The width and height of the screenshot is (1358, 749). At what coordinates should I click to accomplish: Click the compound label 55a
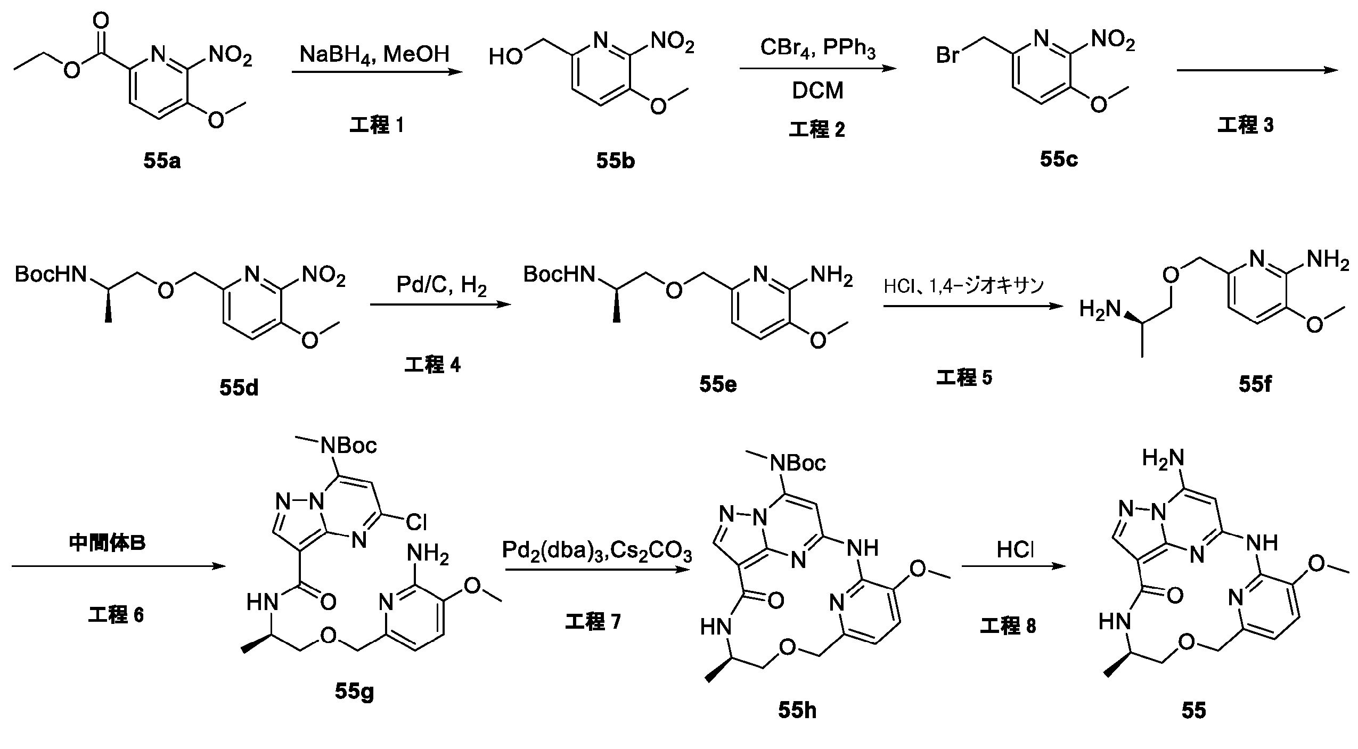click(162, 161)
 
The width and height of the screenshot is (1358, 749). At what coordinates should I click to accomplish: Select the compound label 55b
click(615, 161)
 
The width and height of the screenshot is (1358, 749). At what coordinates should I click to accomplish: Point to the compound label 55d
click(239, 388)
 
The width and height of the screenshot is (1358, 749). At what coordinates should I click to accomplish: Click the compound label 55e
click(718, 384)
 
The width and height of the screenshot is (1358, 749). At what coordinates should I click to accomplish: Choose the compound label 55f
click(1255, 384)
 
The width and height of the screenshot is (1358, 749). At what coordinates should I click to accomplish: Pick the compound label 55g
click(354, 691)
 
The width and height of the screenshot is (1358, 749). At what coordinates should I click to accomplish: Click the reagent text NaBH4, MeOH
click(374, 55)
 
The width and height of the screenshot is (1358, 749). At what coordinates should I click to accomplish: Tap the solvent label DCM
click(817, 91)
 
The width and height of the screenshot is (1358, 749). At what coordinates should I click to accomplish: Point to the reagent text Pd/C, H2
click(441, 286)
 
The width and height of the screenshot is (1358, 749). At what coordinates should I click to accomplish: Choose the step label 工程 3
click(1246, 125)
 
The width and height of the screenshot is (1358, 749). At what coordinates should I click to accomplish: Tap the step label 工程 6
click(116, 615)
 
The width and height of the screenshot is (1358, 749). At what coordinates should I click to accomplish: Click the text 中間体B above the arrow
click(108, 543)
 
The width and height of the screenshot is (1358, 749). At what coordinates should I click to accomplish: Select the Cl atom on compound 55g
click(416, 522)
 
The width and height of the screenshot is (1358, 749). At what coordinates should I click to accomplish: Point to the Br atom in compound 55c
click(948, 55)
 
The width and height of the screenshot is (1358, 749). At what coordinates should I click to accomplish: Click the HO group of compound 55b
click(505, 57)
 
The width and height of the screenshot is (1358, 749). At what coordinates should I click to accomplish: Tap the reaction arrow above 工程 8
click(1015, 566)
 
